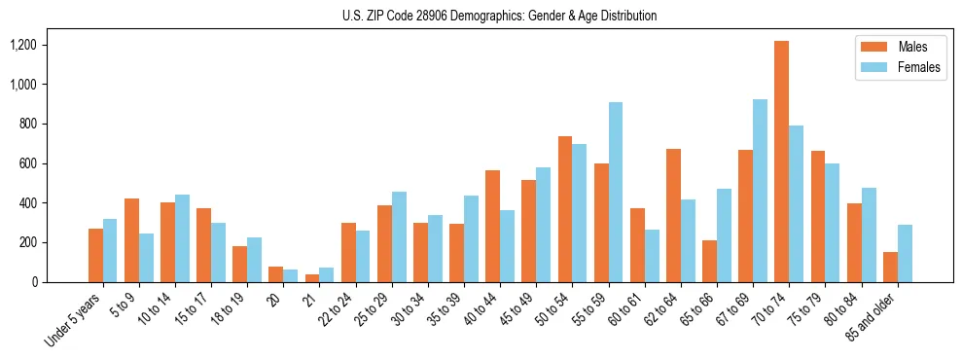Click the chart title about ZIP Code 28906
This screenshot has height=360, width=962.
tap(499, 16)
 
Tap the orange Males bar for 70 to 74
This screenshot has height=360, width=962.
tap(781, 162)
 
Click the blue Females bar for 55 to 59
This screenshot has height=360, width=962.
tap(616, 193)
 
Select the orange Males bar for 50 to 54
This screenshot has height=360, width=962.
tap(565, 209)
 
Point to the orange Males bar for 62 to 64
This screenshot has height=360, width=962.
tap(673, 216)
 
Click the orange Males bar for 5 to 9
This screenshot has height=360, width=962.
tap(131, 240)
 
